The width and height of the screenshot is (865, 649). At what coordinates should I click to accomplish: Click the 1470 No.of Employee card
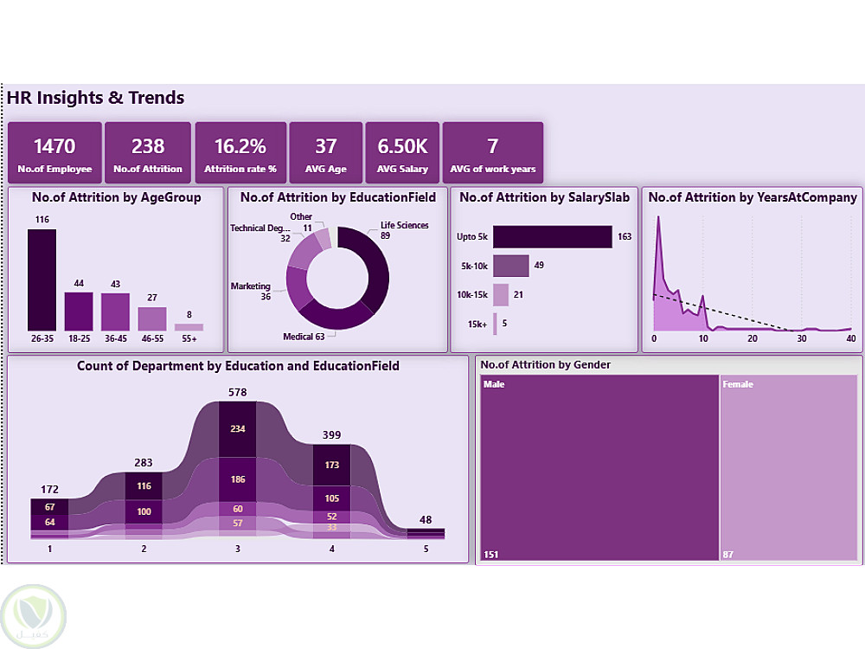[x=54, y=152]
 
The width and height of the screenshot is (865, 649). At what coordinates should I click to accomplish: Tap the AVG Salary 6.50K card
[x=402, y=152]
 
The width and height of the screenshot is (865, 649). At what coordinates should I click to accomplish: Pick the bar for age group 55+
[x=189, y=327]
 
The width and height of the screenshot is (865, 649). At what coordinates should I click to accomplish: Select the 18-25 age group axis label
[x=79, y=339]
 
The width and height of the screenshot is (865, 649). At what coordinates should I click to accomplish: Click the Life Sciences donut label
[x=404, y=226]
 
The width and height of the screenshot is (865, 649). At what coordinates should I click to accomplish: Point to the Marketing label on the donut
[x=250, y=286]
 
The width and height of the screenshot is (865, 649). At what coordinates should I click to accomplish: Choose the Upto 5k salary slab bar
[x=552, y=236]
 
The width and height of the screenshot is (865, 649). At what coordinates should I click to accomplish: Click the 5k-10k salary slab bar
[x=510, y=265]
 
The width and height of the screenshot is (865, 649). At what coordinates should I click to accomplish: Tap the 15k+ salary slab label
[x=477, y=324]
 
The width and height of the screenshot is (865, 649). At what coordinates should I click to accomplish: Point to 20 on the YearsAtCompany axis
[x=753, y=338]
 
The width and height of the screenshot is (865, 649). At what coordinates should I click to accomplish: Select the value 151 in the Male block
[x=491, y=554]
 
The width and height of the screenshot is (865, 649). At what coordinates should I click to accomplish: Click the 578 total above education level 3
[x=237, y=392]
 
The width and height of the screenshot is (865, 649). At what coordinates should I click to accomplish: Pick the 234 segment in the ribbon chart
[x=237, y=428]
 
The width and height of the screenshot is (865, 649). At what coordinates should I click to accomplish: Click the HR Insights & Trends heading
[x=95, y=98]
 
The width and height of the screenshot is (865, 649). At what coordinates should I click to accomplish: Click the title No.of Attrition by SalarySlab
[x=544, y=197]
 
